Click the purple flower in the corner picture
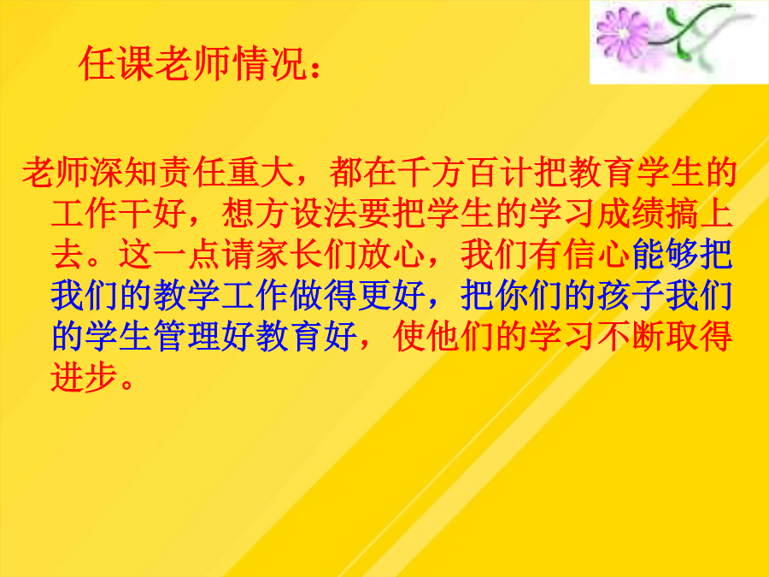tap(622, 34)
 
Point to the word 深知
tap(125, 172)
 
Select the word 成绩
tap(631, 214)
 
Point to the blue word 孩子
tap(631, 296)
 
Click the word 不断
tap(631, 337)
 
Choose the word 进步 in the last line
tap(85, 378)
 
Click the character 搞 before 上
tap(682, 214)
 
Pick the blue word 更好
tap(391, 296)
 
